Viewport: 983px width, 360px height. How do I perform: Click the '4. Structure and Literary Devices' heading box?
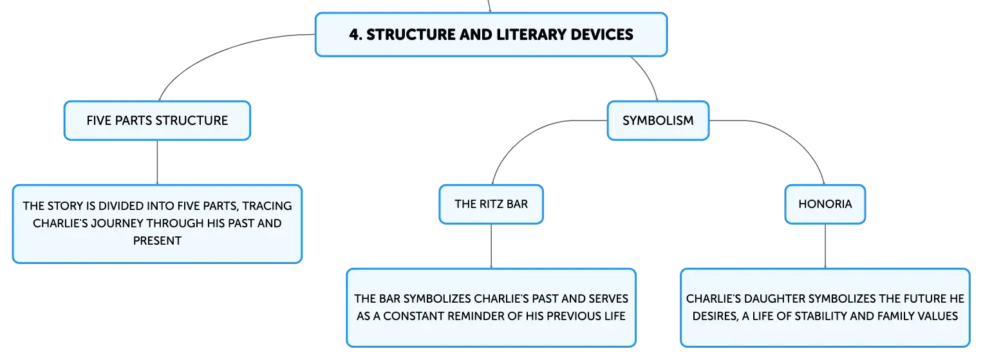491,34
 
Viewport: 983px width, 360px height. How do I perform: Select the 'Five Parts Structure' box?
157,120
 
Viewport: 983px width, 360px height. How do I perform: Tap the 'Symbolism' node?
658,120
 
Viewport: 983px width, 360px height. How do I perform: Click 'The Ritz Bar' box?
491,204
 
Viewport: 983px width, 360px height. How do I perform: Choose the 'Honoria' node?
825,204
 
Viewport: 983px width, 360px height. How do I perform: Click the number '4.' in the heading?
356,34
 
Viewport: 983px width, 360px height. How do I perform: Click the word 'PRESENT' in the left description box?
157,241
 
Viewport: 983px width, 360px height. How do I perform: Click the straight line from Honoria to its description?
825,246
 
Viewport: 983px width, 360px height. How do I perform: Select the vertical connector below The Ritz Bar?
491,246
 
